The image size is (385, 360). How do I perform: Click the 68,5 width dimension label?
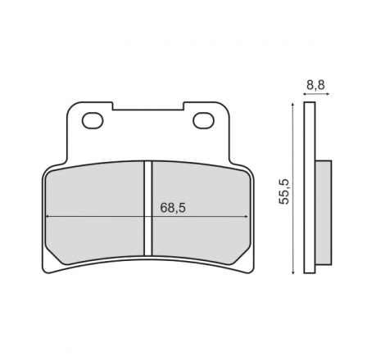[x=173, y=208]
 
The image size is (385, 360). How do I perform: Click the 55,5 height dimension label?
[x=283, y=191]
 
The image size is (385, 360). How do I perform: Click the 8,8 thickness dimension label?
[x=315, y=85]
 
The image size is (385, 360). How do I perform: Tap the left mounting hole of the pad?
[x=93, y=120]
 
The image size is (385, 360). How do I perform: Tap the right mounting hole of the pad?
[x=203, y=120]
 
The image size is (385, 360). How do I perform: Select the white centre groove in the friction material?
[x=147, y=209]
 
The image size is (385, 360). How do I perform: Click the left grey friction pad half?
[x=95, y=213]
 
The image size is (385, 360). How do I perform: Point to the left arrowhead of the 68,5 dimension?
[x=47, y=217]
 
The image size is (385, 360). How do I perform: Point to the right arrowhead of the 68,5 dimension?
[x=247, y=217]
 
